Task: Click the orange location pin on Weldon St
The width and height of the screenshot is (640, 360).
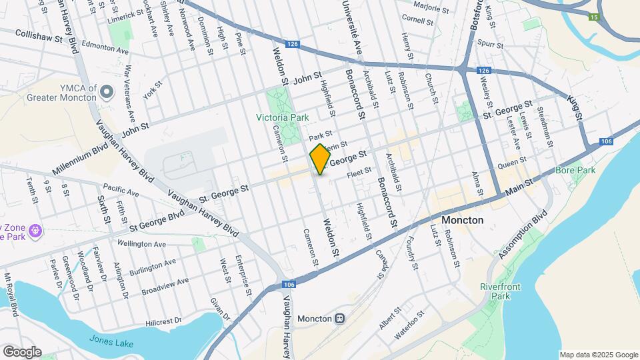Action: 320,159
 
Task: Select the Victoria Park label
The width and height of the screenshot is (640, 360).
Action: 283,117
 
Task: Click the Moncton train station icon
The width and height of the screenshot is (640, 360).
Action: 340,319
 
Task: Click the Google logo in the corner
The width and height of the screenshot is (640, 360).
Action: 22,352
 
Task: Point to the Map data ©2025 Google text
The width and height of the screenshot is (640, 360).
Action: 599,355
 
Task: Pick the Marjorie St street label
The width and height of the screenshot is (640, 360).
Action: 431,8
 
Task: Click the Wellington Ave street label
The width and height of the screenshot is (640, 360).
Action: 141,244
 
